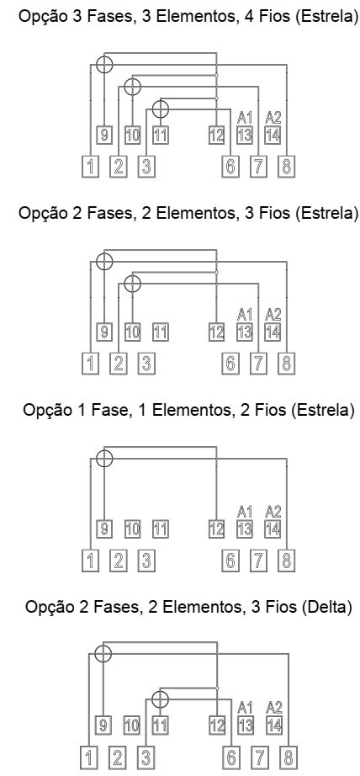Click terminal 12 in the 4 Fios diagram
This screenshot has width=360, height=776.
pyautogui.click(x=217, y=136)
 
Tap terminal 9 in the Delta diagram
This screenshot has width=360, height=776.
pyautogui.click(x=103, y=726)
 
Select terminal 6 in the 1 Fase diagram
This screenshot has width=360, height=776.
pyautogui.click(x=230, y=561)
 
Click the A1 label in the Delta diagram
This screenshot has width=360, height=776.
pyautogui.click(x=245, y=707)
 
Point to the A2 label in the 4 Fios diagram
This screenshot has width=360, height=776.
pyautogui.click(x=273, y=117)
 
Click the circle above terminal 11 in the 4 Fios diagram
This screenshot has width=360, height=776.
pyautogui.click(x=160, y=109)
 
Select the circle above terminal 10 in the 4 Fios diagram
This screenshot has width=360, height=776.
pyautogui.click(x=132, y=87)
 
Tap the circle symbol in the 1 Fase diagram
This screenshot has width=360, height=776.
pyautogui.click(x=103, y=458)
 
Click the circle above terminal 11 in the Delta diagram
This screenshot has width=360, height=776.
pyautogui.click(x=159, y=699)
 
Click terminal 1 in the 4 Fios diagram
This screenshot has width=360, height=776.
pyautogui.click(x=90, y=167)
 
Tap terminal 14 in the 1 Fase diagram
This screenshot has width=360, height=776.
pyautogui.click(x=273, y=529)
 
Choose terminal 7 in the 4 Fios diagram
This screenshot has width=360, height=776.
pyautogui.click(x=258, y=167)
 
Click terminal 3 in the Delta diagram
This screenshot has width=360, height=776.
pyautogui.click(x=146, y=757)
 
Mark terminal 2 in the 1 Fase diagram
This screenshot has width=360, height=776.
pyautogui.click(x=119, y=561)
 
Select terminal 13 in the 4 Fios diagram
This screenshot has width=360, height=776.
pyautogui.click(x=245, y=136)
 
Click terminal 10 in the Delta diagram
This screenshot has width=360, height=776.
pyautogui.click(x=131, y=726)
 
